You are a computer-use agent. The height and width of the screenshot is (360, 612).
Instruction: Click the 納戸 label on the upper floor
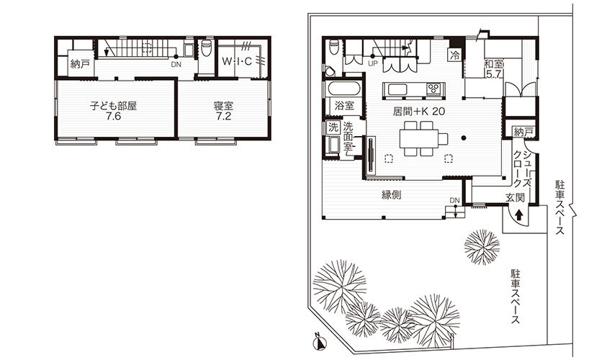point(80,63)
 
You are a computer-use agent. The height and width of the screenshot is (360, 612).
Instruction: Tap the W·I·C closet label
point(237,61)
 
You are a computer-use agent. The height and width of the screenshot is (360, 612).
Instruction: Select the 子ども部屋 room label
point(113,106)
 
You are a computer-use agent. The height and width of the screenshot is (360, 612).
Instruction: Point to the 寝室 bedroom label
point(223,106)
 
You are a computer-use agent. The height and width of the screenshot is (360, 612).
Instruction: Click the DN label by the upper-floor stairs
point(176,65)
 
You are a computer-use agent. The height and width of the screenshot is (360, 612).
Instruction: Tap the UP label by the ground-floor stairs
point(373,63)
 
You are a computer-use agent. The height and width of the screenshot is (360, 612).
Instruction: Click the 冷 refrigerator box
point(455,55)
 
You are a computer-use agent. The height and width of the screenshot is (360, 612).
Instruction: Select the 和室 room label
point(494,63)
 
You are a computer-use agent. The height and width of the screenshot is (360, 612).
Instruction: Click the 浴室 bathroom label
point(344,105)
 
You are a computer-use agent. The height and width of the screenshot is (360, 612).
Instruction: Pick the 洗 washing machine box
point(333,127)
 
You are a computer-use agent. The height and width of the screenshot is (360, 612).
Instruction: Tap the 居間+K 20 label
point(419,112)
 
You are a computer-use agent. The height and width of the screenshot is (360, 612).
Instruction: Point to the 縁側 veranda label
point(392,195)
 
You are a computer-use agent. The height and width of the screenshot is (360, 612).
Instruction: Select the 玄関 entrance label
point(516,197)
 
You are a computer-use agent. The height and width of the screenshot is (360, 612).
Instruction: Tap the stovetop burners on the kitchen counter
point(434,89)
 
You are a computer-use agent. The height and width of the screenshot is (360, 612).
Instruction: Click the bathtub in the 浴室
point(343,89)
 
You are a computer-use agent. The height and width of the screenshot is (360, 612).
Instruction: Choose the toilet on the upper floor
point(207,48)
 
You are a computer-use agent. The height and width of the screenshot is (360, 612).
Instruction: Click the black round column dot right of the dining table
point(464,138)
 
